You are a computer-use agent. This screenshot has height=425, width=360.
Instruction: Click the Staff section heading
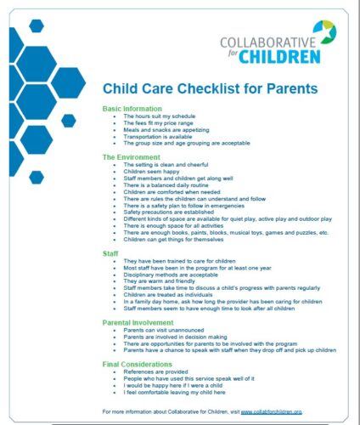click(111, 253)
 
